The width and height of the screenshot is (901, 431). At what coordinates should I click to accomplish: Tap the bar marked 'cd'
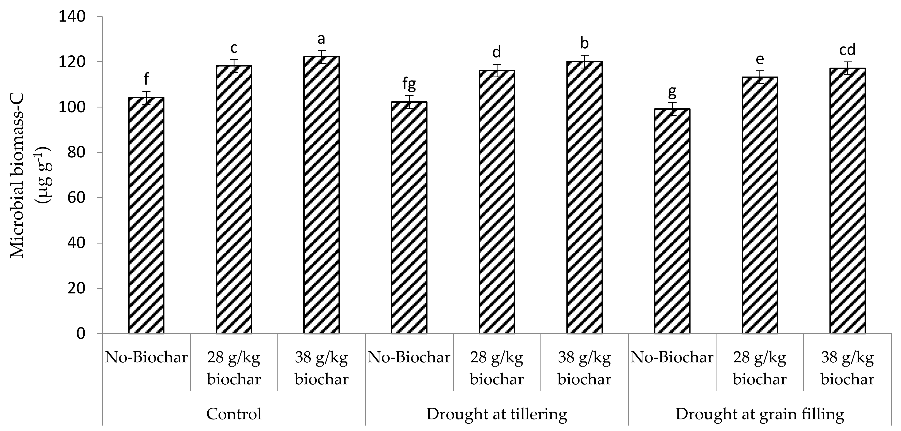click(848, 201)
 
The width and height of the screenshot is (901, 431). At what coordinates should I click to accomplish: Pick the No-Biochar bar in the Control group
click(146, 216)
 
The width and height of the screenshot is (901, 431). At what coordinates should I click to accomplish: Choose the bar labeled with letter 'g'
click(672, 221)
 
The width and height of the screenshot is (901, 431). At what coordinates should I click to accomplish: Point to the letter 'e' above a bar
click(760, 60)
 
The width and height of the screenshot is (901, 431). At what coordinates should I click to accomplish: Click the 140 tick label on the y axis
click(72, 17)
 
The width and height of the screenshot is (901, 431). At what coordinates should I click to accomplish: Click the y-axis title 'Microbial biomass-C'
click(17, 177)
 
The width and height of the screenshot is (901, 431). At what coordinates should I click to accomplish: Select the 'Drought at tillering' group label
click(497, 414)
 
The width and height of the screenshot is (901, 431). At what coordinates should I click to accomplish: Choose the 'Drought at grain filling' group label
click(760, 414)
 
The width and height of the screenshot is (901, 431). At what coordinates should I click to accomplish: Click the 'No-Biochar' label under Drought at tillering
click(409, 357)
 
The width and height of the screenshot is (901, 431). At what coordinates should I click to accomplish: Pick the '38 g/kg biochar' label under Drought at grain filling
click(848, 368)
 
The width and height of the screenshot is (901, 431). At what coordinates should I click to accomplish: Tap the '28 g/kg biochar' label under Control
click(234, 368)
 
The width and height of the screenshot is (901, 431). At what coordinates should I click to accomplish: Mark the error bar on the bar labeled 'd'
click(497, 70)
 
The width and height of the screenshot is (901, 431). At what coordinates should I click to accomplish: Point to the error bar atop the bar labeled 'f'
click(146, 97)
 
